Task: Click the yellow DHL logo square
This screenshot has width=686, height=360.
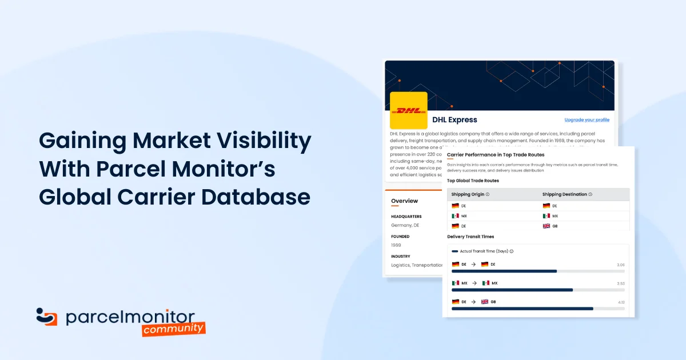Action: click(408, 110)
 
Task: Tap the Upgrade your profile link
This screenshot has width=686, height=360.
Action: click(587, 120)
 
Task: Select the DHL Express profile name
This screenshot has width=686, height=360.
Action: click(454, 120)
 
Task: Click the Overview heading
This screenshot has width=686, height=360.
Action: click(404, 201)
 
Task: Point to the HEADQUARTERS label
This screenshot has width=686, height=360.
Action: click(406, 217)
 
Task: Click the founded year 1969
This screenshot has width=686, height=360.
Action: click(396, 245)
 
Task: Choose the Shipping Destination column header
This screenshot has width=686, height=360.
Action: click(567, 194)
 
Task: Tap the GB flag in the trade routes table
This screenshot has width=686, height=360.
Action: click(547, 226)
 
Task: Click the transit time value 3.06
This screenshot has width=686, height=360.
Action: click(621, 265)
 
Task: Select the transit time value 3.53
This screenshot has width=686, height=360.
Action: click(621, 283)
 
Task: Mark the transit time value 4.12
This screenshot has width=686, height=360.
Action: click(621, 302)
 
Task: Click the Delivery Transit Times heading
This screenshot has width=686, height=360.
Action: click(470, 237)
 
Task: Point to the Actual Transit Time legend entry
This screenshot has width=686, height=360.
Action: click(483, 251)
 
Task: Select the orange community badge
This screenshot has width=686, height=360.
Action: click(174, 328)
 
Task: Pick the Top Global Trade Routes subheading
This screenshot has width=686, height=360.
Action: click(473, 181)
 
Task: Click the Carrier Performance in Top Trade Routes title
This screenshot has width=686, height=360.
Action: click(495, 155)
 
